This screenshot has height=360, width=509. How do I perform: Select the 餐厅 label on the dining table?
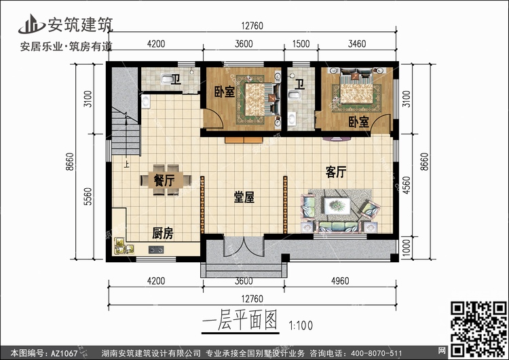164,181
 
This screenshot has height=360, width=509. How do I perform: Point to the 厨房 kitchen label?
162,234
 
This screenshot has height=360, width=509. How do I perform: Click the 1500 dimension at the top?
301,44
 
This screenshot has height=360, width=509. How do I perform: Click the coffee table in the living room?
336,204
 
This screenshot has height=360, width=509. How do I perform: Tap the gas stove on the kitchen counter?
155,250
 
